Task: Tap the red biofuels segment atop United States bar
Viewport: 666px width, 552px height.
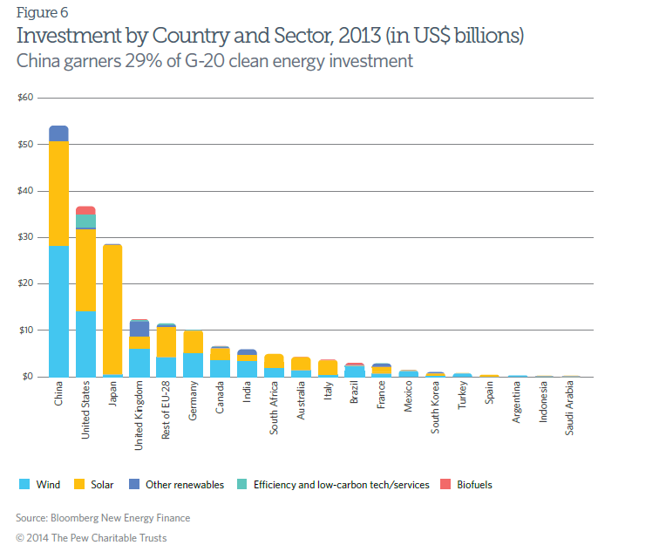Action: tap(85, 210)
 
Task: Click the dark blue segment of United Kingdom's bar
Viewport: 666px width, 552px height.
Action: tap(139, 329)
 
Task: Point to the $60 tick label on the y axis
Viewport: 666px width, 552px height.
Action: tap(25, 98)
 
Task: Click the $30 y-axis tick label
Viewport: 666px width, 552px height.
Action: tap(25, 237)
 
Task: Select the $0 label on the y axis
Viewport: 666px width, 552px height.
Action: tap(28, 377)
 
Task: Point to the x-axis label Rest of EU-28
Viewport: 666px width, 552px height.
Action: tap(166, 410)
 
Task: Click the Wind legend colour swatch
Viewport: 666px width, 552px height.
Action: tap(24, 485)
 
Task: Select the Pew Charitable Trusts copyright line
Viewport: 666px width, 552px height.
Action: tap(91, 537)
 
